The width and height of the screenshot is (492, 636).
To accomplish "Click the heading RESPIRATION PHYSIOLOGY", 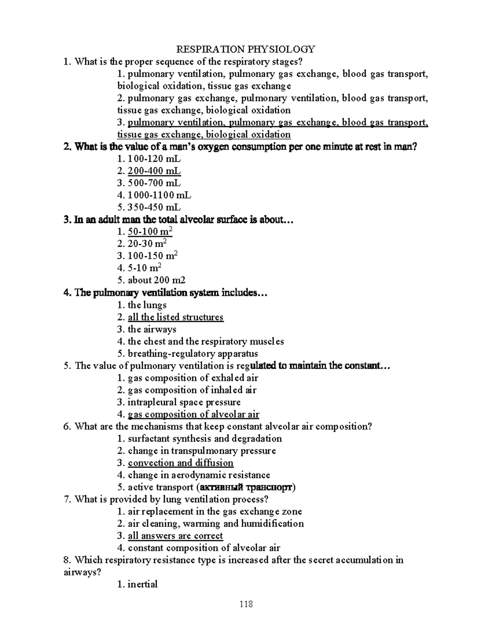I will tap(246, 50).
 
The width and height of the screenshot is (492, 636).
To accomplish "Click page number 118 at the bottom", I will tap(246, 604).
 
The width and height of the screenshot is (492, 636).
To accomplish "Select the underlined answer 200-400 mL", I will tap(154, 171).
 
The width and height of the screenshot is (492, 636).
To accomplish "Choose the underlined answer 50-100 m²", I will tap(150, 232).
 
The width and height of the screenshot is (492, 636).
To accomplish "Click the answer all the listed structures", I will tap(175, 317).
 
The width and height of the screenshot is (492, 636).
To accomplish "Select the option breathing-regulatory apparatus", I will tap(193, 353).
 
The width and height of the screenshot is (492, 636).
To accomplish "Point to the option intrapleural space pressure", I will tap(184, 402).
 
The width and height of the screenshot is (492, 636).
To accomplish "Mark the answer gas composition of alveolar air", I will tap(193, 414).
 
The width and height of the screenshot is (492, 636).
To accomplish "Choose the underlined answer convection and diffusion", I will tap(180, 463).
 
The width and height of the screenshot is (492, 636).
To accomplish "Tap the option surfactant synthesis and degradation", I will tap(205, 439).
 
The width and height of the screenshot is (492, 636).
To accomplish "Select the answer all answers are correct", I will tap(175, 536).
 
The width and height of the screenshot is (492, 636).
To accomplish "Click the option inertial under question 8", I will tap(142, 584).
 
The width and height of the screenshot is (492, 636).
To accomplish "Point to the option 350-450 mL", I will tap(154, 207).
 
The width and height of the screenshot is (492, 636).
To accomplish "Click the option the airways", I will tap(152, 329).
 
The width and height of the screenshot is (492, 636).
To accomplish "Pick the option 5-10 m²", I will tap(144, 268).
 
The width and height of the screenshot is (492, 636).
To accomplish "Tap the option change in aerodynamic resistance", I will tap(199, 475).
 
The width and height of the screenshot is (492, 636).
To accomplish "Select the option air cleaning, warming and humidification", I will tap(216, 524).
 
